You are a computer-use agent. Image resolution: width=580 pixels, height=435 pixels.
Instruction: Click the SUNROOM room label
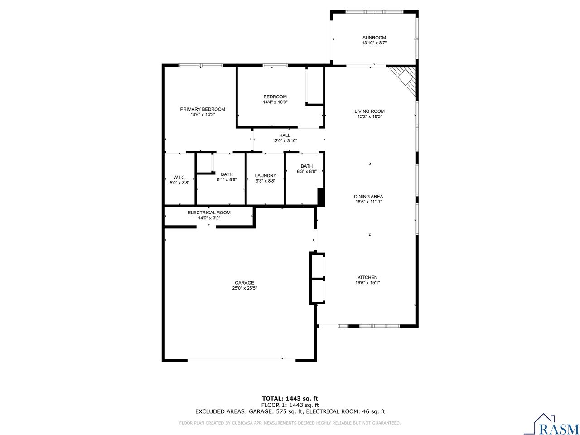coord(374,38)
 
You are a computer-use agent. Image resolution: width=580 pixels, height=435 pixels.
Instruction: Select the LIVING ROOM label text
coord(369,111)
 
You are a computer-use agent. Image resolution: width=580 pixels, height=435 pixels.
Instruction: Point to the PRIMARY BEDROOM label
coord(203,109)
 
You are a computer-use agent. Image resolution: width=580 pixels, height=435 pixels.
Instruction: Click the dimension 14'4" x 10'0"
coord(275,102)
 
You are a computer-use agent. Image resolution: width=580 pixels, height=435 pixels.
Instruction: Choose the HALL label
coord(285,135)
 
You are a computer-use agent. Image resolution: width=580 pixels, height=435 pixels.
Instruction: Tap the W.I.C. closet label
coord(179,177)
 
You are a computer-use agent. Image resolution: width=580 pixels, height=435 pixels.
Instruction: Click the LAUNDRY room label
coord(266,176)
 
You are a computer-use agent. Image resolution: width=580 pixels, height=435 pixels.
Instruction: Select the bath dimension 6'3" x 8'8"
coord(306,172)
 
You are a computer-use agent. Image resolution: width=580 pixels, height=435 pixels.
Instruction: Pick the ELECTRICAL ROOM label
coord(209,213)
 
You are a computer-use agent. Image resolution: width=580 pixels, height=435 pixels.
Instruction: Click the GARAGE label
coord(244,283)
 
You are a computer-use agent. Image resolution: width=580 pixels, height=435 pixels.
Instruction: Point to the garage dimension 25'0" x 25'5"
coord(244,288)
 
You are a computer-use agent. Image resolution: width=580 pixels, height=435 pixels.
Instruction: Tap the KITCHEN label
coord(367,277)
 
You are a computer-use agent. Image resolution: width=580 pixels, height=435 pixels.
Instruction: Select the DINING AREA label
coord(368,197)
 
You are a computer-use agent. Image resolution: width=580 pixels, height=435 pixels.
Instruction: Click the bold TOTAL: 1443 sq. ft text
coord(290,398)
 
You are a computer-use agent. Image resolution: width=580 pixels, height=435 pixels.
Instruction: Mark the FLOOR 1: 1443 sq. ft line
coord(290,405)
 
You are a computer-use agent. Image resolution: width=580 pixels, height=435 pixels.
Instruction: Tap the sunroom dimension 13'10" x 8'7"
coord(374,43)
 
